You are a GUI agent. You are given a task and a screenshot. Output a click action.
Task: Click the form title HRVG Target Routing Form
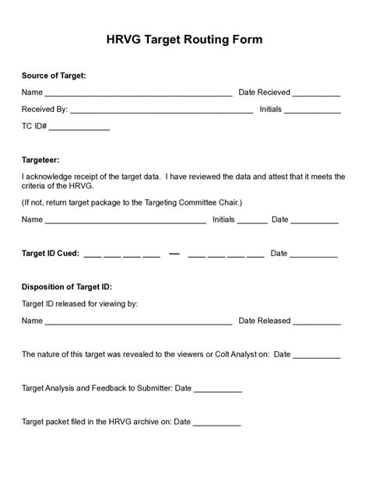tap(184, 40)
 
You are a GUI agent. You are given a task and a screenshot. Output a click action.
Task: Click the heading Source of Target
tap(54, 75)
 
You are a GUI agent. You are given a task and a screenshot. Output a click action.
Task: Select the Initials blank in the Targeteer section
tap(252, 222)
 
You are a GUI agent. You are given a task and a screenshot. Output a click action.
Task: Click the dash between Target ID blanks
tap(174, 254)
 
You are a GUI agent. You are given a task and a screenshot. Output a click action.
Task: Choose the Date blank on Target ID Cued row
tap(314, 255)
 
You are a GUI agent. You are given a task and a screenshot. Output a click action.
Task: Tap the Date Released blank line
tap(318, 322)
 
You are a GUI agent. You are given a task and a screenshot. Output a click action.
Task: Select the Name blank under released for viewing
tap(138, 322)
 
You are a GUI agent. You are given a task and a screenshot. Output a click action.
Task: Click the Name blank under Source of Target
tap(138, 94)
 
